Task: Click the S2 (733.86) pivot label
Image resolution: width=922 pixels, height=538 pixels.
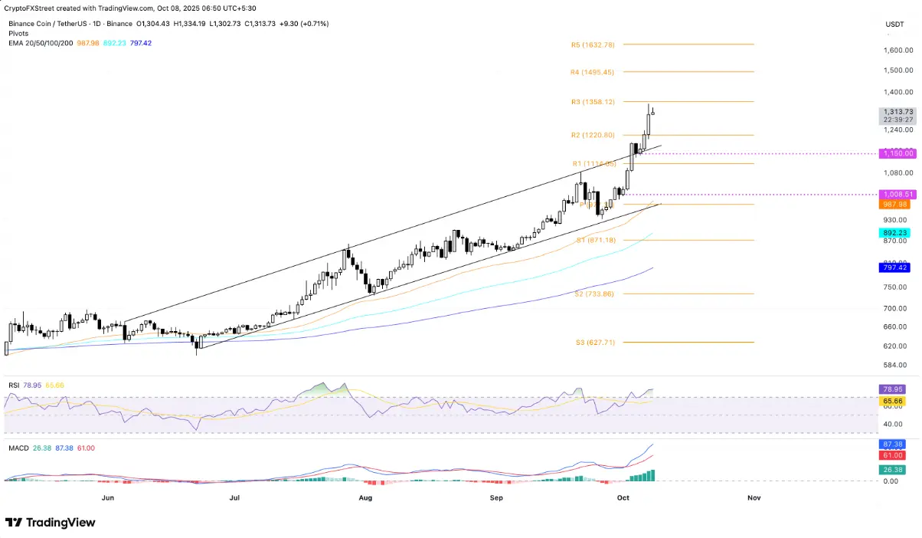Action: tap(594, 294)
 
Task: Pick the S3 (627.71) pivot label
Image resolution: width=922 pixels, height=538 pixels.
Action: tap(594, 343)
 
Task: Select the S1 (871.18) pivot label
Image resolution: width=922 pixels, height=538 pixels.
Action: tap(594, 241)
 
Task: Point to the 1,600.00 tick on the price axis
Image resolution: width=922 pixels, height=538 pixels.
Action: tap(896, 51)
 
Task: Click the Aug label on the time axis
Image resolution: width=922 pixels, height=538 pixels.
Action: tap(365, 497)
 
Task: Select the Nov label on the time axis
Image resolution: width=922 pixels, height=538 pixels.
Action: tap(754, 497)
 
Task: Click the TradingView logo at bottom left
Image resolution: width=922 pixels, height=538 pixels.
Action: tap(51, 523)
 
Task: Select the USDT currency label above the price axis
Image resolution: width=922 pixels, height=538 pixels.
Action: tap(894, 24)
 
